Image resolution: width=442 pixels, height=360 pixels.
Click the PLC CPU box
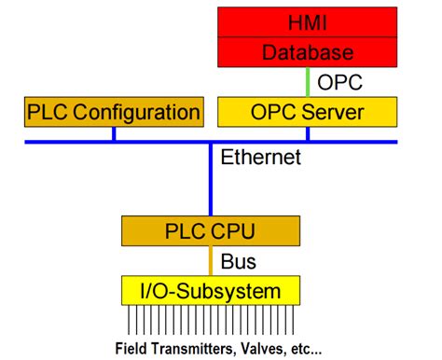(x=209, y=230)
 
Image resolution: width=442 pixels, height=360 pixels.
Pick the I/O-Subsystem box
(x=209, y=292)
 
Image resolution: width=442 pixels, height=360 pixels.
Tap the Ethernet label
(x=260, y=158)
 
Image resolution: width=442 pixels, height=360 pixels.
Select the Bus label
(x=239, y=261)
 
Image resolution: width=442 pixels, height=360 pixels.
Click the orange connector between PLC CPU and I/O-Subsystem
(x=210, y=261)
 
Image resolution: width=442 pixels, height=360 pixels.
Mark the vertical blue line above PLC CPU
(x=210, y=182)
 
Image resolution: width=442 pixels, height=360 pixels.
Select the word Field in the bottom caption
(x=133, y=350)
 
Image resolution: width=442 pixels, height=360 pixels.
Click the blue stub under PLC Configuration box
(x=113, y=133)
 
